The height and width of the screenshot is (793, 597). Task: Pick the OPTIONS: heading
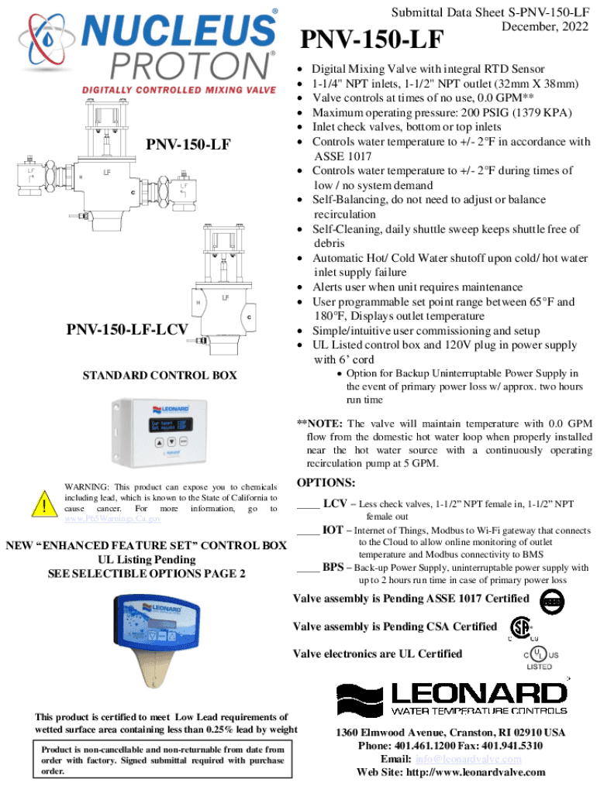[x=326, y=483]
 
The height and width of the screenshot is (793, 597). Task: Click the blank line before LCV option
[x=308, y=504]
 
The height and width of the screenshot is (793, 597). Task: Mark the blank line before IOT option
[x=308, y=530]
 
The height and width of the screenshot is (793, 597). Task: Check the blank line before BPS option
[x=308, y=568]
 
